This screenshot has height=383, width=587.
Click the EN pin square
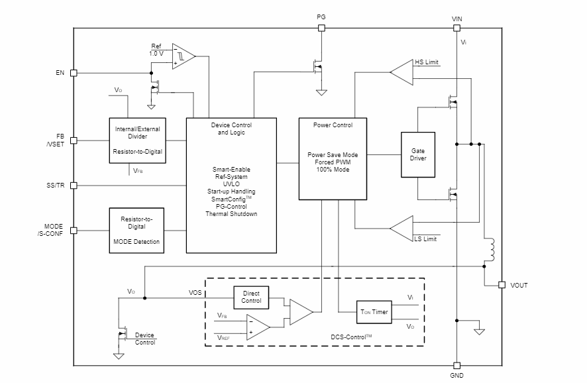coord(74,73)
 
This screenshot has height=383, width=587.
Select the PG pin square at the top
coord(321,28)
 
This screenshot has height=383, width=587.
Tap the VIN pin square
coord(456,28)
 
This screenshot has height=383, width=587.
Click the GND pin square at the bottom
coord(456,365)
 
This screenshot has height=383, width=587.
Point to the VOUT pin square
coord(502,285)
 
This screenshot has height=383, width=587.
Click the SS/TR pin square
coord(74,186)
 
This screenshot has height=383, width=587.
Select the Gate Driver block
coord(418,154)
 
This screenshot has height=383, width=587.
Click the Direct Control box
coord(251,297)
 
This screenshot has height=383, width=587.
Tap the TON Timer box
coord(374,311)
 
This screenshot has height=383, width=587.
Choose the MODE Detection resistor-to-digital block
coord(136,230)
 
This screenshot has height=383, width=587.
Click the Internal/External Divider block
coord(136,140)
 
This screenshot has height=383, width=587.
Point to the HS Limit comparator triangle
coord(401,72)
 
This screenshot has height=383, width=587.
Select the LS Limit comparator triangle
coord(401,229)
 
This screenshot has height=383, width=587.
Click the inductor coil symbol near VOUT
coord(490,250)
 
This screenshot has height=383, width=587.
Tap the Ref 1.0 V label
coord(156,50)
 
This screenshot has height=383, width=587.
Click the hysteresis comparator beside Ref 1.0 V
coord(184,56)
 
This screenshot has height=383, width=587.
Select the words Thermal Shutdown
coord(231,214)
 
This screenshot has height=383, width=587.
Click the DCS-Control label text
coord(351,337)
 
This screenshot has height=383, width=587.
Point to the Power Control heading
coord(333,125)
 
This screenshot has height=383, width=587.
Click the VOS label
coord(195,292)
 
